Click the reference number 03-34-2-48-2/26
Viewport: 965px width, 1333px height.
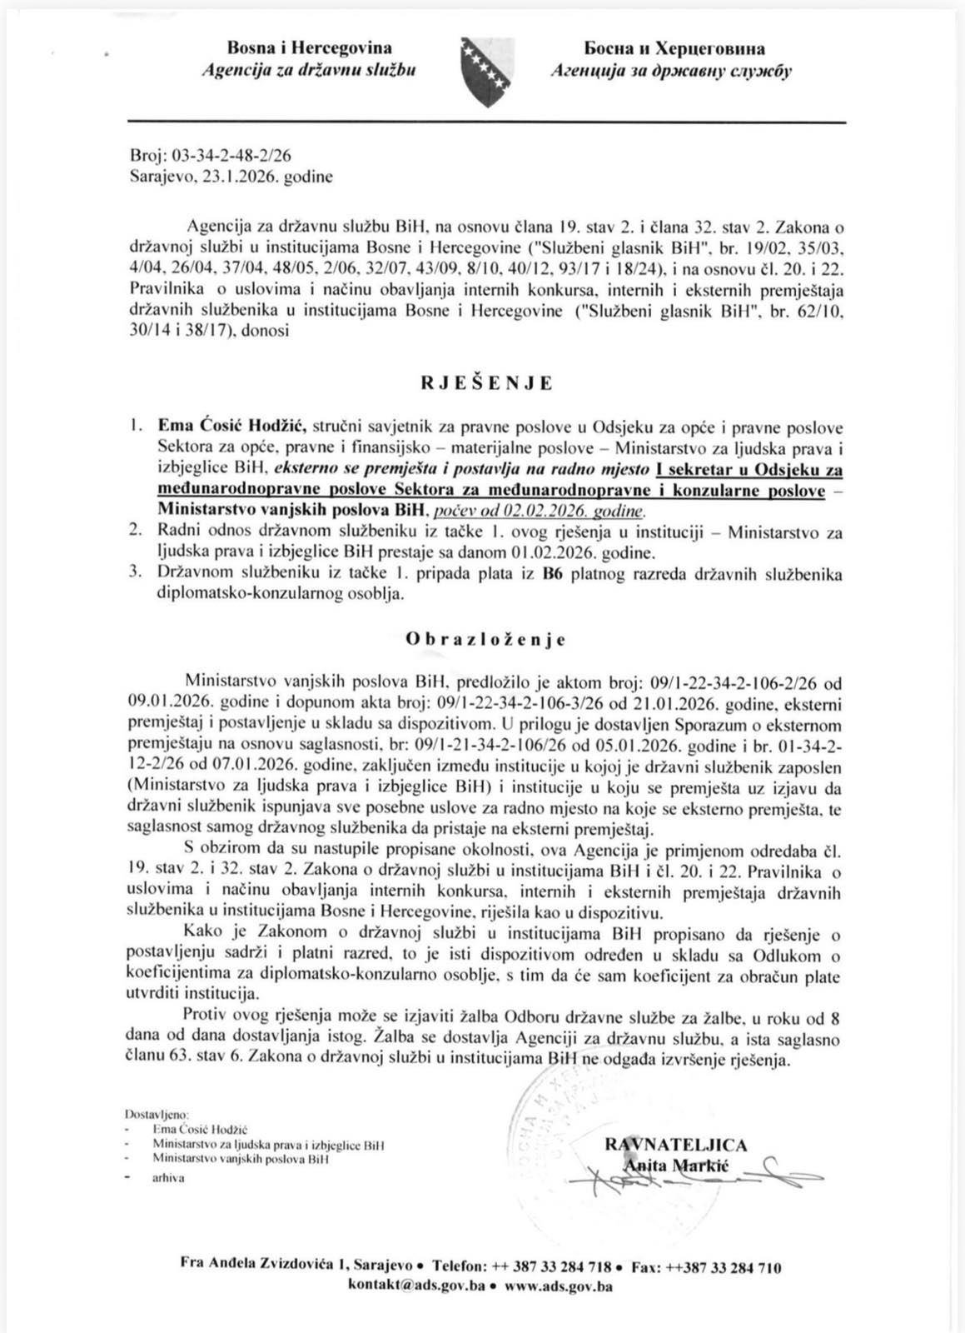pyautogui.click(x=226, y=155)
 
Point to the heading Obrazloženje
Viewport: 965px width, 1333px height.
pyautogui.click(x=486, y=640)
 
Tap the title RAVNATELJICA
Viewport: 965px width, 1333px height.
pyautogui.click(x=675, y=1145)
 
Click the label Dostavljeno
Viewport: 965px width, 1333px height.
pyautogui.click(x=157, y=1113)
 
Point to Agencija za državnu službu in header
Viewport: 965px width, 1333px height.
pyautogui.click(x=309, y=71)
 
